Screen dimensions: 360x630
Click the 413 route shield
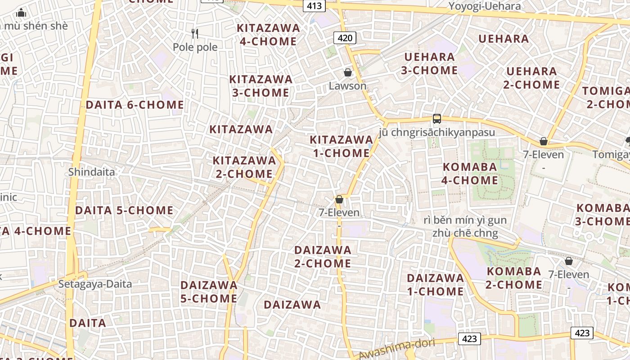(315, 6)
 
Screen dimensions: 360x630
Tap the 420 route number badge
(345, 38)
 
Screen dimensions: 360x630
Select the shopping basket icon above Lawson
(347, 72)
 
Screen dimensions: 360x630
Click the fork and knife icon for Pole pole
(195, 33)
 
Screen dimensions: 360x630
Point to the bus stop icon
(436, 119)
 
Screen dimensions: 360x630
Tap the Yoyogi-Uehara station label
(485, 6)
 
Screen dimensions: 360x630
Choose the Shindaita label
(92, 172)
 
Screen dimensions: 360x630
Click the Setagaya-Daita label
(95, 284)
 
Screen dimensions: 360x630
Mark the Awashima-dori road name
(396, 349)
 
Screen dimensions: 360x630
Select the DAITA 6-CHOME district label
(135, 105)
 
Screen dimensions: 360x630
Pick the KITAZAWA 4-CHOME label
(268, 35)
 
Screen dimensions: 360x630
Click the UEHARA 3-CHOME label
(429, 63)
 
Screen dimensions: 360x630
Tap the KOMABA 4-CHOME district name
(470, 174)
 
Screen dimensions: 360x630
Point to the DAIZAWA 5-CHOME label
(209, 292)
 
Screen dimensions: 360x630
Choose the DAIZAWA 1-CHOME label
(435, 284)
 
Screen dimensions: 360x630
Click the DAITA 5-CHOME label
(124, 210)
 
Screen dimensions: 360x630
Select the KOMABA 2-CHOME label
(514, 278)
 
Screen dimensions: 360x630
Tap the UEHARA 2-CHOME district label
(531, 78)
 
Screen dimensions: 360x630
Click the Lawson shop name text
(347, 85)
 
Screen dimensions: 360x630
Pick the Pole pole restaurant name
(195, 47)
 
